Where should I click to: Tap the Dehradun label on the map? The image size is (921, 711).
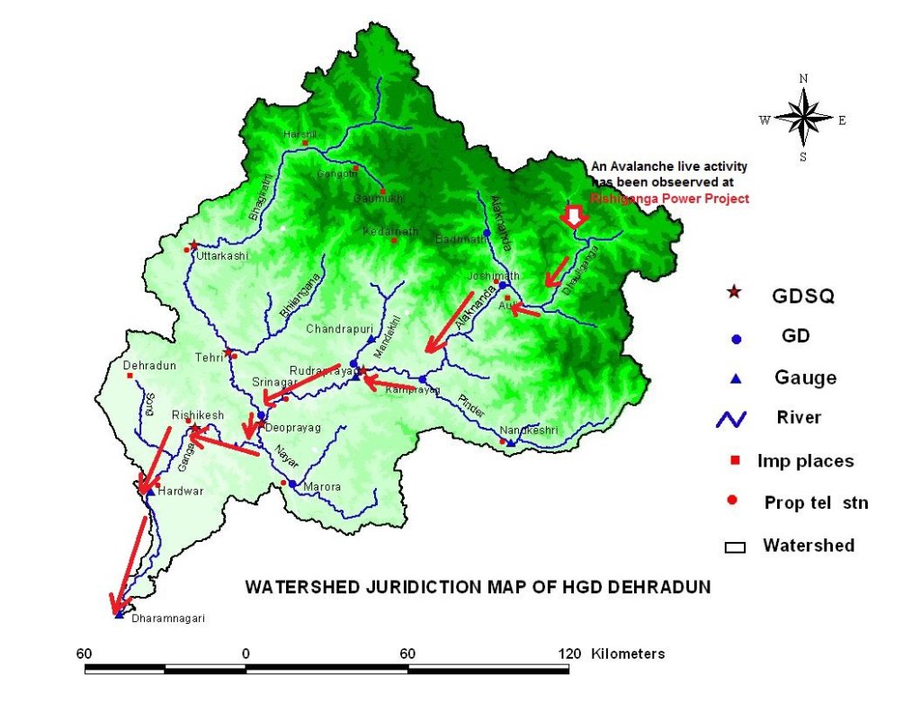[147, 366]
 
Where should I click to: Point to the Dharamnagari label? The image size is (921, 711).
[162, 619]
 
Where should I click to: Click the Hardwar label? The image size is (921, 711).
[174, 493]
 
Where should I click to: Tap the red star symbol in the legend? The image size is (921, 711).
[735, 292]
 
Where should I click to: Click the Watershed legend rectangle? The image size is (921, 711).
[735, 546]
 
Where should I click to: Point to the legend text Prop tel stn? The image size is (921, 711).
[816, 502]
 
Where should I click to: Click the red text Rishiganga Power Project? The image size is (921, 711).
[670, 199]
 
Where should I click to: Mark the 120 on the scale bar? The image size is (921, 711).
[568, 653]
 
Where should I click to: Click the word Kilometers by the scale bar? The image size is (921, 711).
[628, 653]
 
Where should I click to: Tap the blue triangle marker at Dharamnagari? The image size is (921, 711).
[120, 615]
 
